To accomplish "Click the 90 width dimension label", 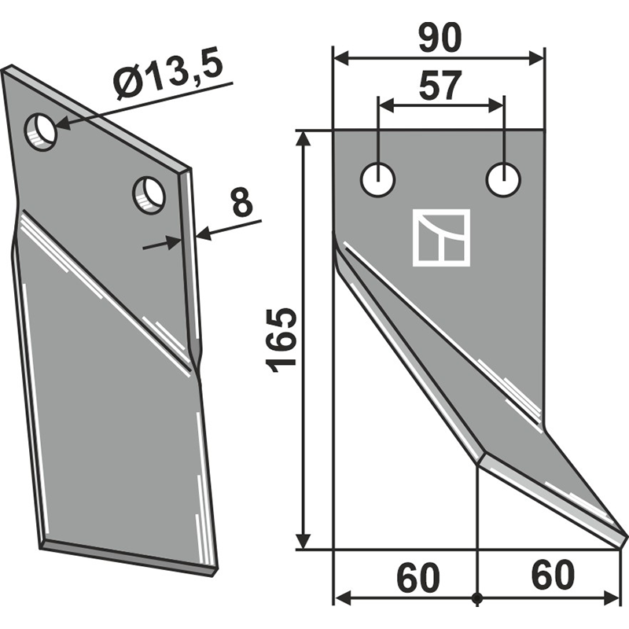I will pyautogui.click(x=439, y=38).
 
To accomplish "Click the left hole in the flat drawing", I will pyautogui.click(x=378, y=179).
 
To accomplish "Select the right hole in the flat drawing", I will pyautogui.click(x=502, y=179).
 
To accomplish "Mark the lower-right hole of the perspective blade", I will pyautogui.click(x=149, y=194).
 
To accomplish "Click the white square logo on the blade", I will pyautogui.click(x=441, y=237).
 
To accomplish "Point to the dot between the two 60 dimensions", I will pyautogui.click(x=477, y=599).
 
